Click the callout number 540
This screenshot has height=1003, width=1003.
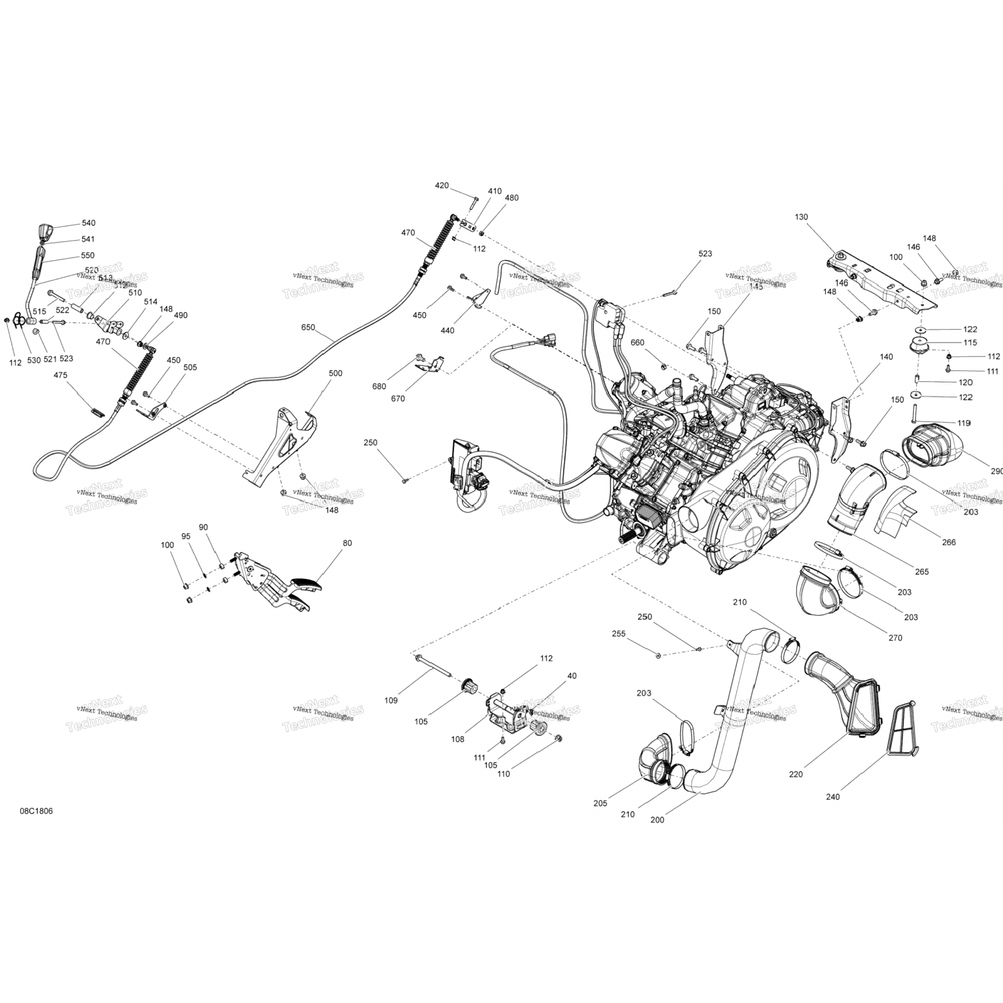(88, 223)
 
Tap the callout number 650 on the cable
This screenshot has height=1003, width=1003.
(308, 328)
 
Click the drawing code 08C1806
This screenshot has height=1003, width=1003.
(37, 811)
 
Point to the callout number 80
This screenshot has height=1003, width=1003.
(347, 543)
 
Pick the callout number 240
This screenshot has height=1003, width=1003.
(832, 796)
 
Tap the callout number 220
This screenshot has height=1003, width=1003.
(796, 774)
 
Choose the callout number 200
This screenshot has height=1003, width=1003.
(657, 820)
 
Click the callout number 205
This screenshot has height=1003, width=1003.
(600, 803)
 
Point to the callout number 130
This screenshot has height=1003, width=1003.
(801, 217)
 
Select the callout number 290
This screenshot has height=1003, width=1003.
(996, 471)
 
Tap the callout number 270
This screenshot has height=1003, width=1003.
(895, 638)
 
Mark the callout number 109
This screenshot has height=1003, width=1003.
(391, 700)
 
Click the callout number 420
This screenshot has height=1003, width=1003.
(442, 185)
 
